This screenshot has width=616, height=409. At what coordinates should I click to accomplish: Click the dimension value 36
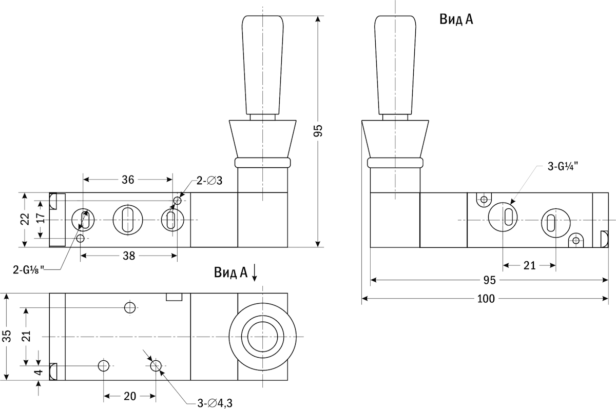click(x=128, y=180)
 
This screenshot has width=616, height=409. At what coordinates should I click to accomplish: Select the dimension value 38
click(x=129, y=256)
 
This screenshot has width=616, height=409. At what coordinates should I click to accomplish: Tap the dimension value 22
click(x=22, y=220)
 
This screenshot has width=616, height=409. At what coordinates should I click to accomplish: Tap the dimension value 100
click(x=486, y=298)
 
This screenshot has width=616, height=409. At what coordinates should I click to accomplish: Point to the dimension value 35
click(x=7, y=337)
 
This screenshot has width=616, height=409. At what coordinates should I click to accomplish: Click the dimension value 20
click(x=130, y=396)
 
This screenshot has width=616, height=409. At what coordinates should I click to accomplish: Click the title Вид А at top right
click(x=456, y=20)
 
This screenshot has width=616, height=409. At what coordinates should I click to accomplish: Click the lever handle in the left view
click(x=262, y=64)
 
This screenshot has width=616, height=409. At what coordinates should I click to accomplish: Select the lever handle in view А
click(x=395, y=64)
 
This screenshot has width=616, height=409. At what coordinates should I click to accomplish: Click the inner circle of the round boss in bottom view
click(x=262, y=337)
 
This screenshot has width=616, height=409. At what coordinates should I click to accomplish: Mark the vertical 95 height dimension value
click(x=318, y=131)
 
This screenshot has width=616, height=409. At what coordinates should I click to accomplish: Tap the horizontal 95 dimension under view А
click(x=489, y=280)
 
